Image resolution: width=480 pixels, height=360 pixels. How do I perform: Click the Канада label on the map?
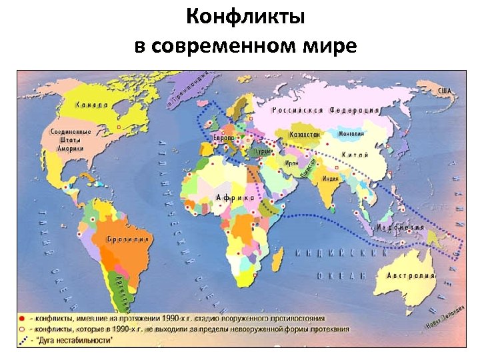point(93,105)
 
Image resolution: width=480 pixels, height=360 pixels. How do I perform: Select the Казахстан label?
point(305,135)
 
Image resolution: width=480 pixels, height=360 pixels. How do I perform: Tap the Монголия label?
point(351,133)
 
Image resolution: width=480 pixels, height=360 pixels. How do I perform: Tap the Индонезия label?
point(400,227)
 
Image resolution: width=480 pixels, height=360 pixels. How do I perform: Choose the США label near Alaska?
point(444,90)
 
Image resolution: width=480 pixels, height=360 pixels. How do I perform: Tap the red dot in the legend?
point(22,319)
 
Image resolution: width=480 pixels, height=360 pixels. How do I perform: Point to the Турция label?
point(264,151)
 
